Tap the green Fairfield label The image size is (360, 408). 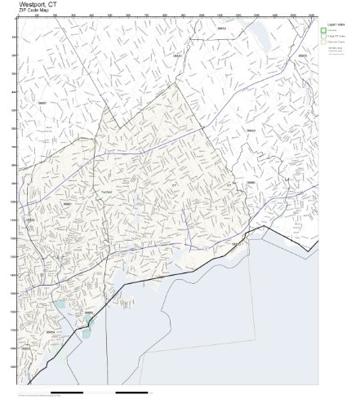(107, 191)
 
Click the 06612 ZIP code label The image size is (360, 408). (221, 28)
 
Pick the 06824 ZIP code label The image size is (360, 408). (251, 131)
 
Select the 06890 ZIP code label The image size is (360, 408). (251, 182)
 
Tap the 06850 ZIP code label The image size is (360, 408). (68, 203)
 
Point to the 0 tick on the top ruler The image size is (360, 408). (19, 16)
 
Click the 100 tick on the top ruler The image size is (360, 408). (38, 16)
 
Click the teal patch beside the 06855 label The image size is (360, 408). (89, 321)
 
